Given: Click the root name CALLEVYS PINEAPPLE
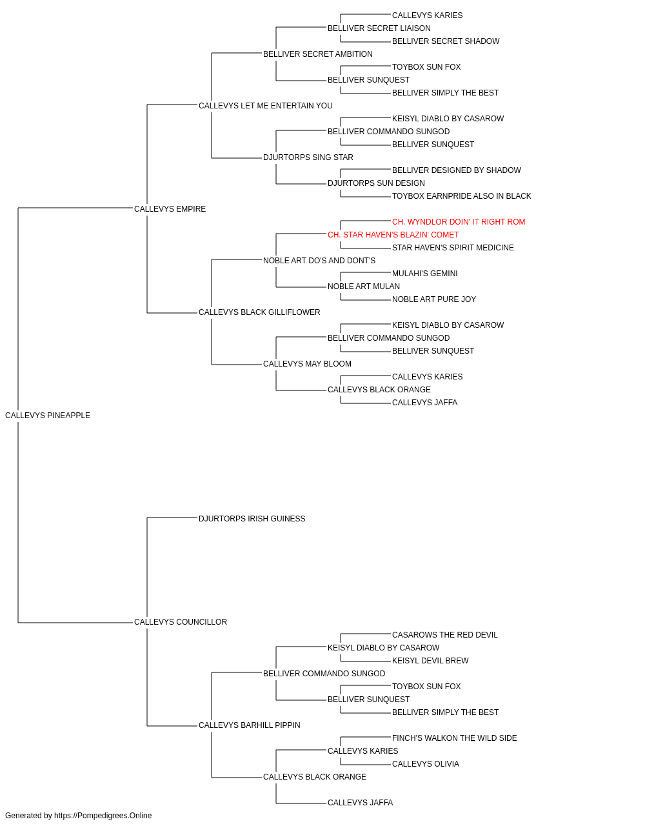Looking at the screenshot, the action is [48, 416].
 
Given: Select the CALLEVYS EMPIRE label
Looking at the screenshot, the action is [170, 209].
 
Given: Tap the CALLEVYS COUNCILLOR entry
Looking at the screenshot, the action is [181, 622].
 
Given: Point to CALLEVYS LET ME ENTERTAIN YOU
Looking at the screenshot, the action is [266, 106].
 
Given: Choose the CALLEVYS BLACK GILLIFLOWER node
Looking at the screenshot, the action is [259, 312].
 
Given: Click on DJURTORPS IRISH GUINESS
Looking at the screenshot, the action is [252, 519].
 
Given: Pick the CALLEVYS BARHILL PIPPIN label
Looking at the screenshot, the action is [249, 725].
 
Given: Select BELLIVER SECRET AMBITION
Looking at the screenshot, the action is [318, 54].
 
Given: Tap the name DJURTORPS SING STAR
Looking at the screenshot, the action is [308, 157].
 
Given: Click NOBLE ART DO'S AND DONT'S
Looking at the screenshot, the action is [319, 261].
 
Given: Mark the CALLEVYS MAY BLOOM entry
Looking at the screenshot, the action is [307, 364].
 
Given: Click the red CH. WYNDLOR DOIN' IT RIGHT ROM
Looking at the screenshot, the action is [459, 222].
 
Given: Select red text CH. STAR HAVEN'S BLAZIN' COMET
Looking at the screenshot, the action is [393, 235].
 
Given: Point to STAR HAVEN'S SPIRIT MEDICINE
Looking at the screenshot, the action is [453, 248].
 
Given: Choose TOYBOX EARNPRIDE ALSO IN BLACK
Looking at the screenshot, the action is [462, 196].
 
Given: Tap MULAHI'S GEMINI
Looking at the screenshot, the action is [424, 274].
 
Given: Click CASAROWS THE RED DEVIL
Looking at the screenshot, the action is [445, 635].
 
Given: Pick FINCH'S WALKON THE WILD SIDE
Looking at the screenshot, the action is [454, 738].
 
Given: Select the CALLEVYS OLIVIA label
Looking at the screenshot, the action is [426, 764].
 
